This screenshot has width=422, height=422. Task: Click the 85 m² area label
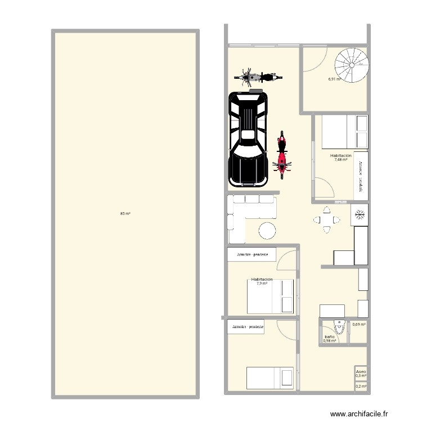(x=125, y=214)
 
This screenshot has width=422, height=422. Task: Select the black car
(x=248, y=139)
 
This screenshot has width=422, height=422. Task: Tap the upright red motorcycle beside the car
(x=282, y=152)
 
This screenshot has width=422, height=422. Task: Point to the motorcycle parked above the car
(x=258, y=77)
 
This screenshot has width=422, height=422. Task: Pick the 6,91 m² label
(x=336, y=79)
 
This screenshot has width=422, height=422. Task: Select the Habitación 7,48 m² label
(x=341, y=158)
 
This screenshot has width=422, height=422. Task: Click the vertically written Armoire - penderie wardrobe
(x=361, y=175)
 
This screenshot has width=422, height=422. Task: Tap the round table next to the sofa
(x=267, y=231)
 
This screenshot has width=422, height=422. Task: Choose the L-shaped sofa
(x=248, y=209)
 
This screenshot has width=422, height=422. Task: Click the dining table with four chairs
(x=326, y=219)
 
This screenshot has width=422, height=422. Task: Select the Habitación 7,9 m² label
(x=262, y=281)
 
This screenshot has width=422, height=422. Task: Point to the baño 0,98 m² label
(x=330, y=339)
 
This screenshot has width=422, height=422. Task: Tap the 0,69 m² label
(x=359, y=325)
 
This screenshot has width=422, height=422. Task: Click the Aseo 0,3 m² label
(x=361, y=374)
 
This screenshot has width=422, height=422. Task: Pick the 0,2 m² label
(x=361, y=387)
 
